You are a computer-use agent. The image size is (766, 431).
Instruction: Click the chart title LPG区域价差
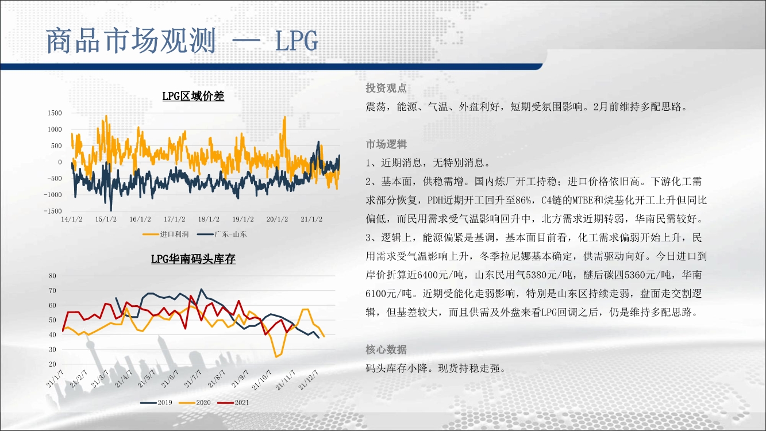pos(193,96)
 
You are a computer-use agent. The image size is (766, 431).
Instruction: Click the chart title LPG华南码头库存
pos(193,259)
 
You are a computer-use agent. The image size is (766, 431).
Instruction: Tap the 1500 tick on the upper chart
pos(55,113)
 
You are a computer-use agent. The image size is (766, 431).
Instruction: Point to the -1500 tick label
pos(53,211)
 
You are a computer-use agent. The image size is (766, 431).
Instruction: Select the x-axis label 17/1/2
pos(174,220)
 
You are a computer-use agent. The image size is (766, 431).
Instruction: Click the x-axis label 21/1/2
pos(311,220)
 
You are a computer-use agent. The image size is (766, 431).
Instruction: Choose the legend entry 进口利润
pos(165,234)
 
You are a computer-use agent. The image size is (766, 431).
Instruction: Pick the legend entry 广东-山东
pos(222,234)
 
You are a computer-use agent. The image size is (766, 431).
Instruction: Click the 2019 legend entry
pos(156,403)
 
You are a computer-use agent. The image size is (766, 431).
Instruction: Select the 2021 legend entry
pos(233,403)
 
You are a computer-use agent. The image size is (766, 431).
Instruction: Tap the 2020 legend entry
pos(195,403)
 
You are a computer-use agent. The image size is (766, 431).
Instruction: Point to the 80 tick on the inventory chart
pos(52,276)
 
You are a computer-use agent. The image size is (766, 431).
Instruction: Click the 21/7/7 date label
pos(193,379)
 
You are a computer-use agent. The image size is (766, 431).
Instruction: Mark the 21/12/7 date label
pos(309,380)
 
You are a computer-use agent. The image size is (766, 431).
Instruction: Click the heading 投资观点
pos(386,88)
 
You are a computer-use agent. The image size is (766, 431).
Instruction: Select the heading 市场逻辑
pos(386,144)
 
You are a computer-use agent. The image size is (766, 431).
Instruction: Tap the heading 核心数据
pos(386,349)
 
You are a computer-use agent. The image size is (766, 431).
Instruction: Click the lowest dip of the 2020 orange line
pos(276,357)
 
